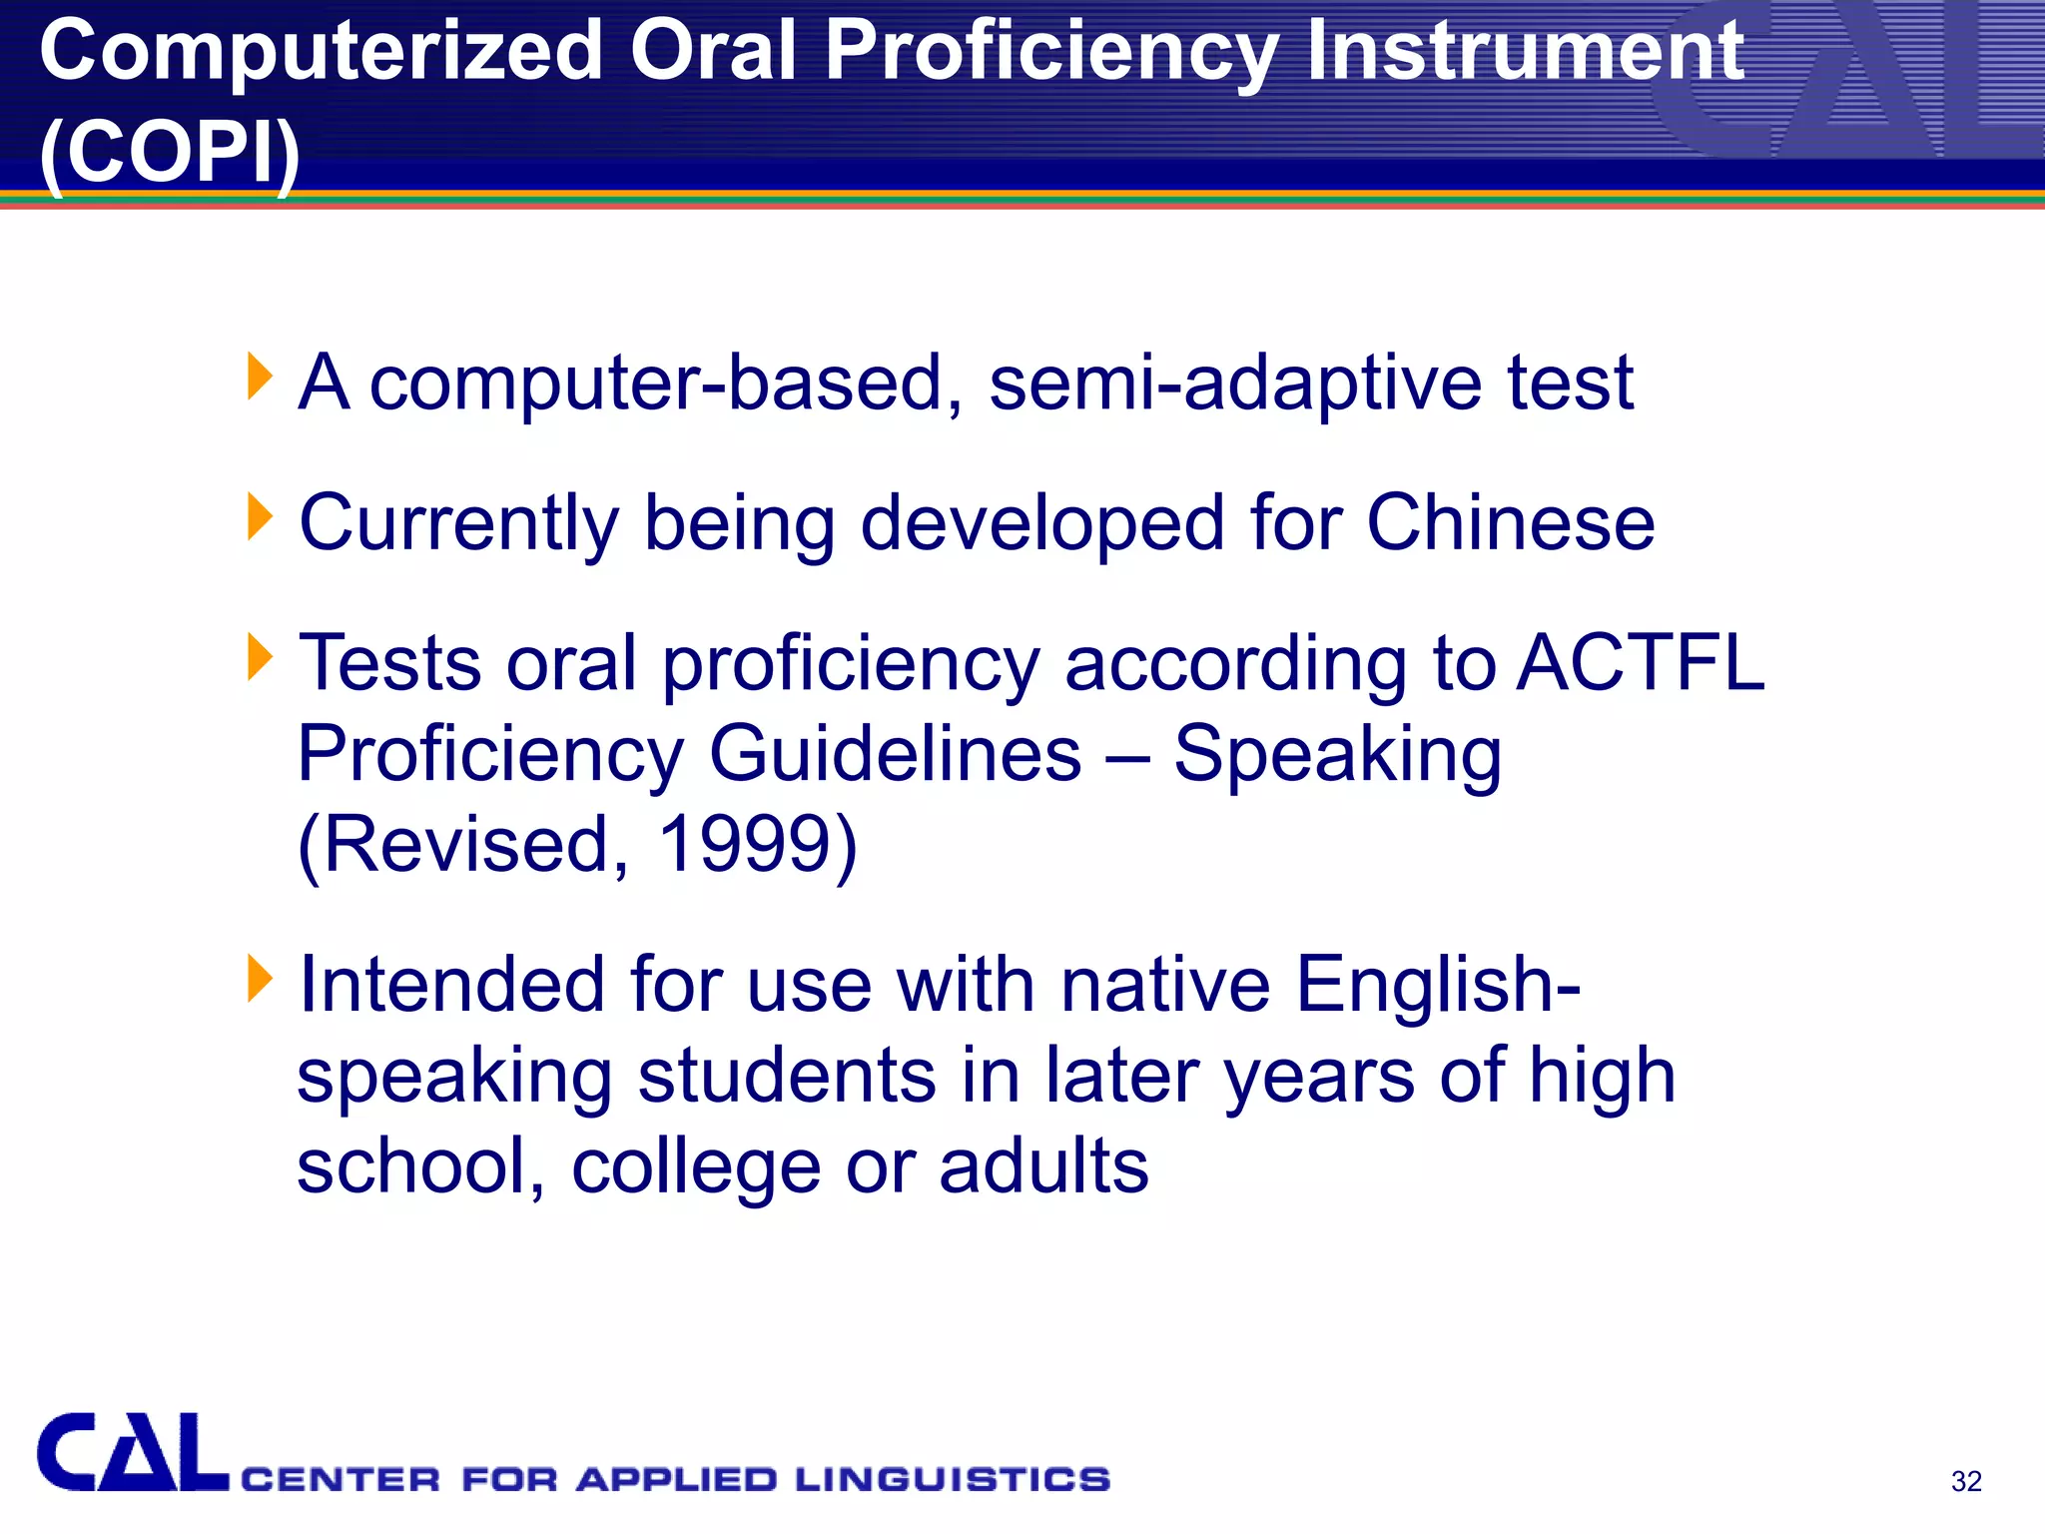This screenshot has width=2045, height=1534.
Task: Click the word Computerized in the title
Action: click(x=320, y=52)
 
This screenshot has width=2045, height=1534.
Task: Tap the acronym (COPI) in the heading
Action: click(x=170, y=152)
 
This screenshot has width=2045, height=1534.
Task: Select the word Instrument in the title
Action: click(x=1524, y=52)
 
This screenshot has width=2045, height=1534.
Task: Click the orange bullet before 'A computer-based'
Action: click(x=259, y=376)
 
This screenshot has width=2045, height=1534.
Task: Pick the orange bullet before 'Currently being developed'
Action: click(x=259, y=516)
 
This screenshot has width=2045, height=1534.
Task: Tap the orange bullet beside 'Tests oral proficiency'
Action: click(x=259, y=657)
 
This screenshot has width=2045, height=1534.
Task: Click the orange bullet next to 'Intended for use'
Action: click(x=259, y=978)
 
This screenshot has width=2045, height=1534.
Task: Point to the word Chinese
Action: click(x=1510, y=523)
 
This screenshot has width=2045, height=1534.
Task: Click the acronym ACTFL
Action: click(x=1640, y=663)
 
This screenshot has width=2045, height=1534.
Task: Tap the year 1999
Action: click(x=744, y=845)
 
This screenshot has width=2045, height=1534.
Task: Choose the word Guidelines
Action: click(x=895, y=754)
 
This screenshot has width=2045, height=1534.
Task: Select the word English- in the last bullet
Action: click(x=1438, y=985)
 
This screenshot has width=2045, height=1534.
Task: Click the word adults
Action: click(x=1043, y=1165)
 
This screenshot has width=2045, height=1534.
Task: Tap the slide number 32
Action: click(x=1965, y=1481)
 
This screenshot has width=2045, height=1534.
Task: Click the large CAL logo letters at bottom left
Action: click(x=132, y=1453)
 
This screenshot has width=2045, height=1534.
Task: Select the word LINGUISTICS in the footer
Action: click(x=952, y=1479)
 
